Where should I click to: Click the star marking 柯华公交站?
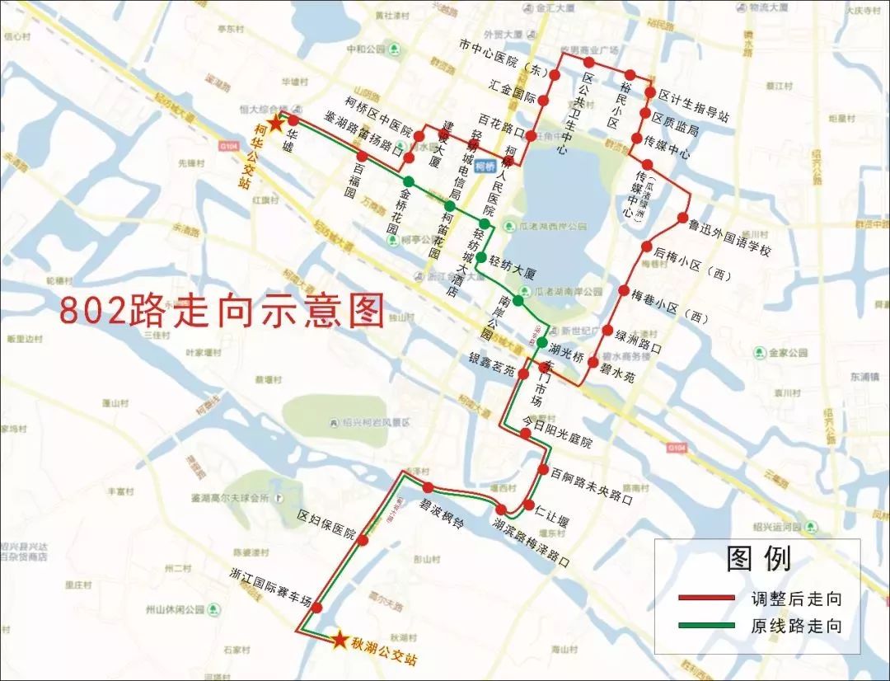[275, 121]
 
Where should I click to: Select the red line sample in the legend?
[705, 598]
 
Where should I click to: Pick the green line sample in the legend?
[705, 626]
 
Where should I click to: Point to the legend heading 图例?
[758, 559]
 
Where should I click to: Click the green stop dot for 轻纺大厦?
[480, 257]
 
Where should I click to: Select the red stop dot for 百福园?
[362, 156]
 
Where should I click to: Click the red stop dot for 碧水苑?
[593, 361]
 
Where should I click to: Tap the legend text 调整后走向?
[796, 599]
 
